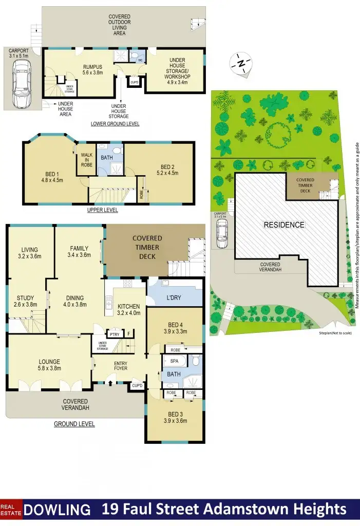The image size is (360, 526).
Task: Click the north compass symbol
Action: [241, 64]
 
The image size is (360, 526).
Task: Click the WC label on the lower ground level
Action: [139, 60]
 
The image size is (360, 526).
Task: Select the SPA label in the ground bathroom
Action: [174, 362]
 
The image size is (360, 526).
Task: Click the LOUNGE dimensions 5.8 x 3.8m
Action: [49, 368]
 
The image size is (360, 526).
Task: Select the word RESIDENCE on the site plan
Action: [284, 225]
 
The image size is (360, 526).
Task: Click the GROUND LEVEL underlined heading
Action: [74, 424]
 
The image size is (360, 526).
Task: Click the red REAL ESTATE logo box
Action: [11, 509]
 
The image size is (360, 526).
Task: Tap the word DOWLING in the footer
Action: [57, 510]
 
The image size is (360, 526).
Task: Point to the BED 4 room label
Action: [175, 325]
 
